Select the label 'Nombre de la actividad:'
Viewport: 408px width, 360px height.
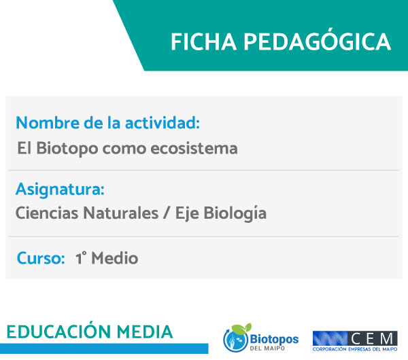click(107, 122)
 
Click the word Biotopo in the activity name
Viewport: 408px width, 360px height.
click(67, 149)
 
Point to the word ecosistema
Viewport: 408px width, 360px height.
click(194, 149)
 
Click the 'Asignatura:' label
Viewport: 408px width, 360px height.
click(60, 190)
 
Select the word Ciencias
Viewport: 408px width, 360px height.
click(47, 213)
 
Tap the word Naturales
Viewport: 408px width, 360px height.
click(121, 213)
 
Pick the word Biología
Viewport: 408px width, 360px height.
click(235, 214)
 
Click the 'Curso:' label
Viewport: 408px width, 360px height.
click(41, 258)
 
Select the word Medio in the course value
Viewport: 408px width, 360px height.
click(115, 258)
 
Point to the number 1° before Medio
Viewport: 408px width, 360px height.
click(81, 258)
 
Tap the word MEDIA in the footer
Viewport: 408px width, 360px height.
click(145, 332)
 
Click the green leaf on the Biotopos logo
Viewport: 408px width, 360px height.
click(241, 329)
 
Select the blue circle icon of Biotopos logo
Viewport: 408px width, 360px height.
click(235, 340)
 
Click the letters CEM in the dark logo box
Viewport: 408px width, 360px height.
click(372, 339)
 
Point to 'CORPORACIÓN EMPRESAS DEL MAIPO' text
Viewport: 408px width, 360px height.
click(355, 349)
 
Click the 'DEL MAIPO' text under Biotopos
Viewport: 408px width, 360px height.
click(267, 348)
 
